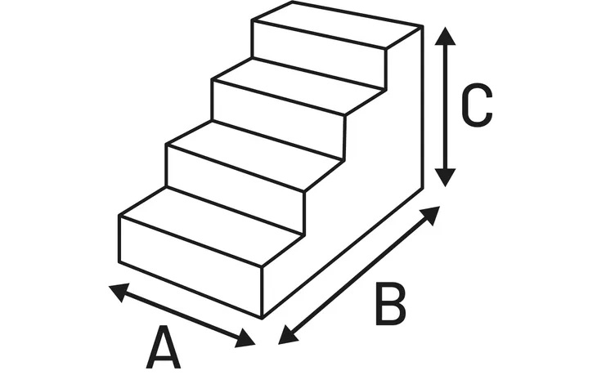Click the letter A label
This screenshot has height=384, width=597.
164,346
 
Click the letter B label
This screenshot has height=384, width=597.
391,304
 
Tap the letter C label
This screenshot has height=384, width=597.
477,105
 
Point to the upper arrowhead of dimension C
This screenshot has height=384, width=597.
445,36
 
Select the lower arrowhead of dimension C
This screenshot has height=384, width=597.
445,177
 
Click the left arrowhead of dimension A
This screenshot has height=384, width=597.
119,292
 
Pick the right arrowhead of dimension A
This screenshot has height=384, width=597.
245,338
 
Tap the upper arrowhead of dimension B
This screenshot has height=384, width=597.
429,216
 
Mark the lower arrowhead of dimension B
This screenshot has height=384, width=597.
288,335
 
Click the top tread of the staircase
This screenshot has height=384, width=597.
337,25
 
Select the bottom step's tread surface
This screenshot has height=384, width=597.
211,225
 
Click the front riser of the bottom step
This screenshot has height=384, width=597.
191,266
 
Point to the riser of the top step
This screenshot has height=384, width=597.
319,55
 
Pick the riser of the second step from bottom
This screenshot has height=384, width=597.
236,189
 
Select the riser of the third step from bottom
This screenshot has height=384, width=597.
278,119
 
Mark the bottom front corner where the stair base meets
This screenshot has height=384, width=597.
263,318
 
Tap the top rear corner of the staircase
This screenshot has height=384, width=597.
423,26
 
